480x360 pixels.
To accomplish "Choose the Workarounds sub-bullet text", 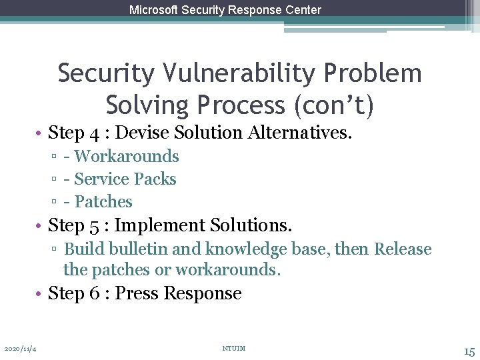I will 127,157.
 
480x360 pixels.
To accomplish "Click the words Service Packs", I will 125,179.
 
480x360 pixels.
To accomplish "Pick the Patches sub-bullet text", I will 103,202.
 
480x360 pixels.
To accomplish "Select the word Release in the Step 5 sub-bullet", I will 403,249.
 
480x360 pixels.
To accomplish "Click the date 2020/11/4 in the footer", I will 19,349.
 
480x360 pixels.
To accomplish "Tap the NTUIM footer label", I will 233,349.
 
